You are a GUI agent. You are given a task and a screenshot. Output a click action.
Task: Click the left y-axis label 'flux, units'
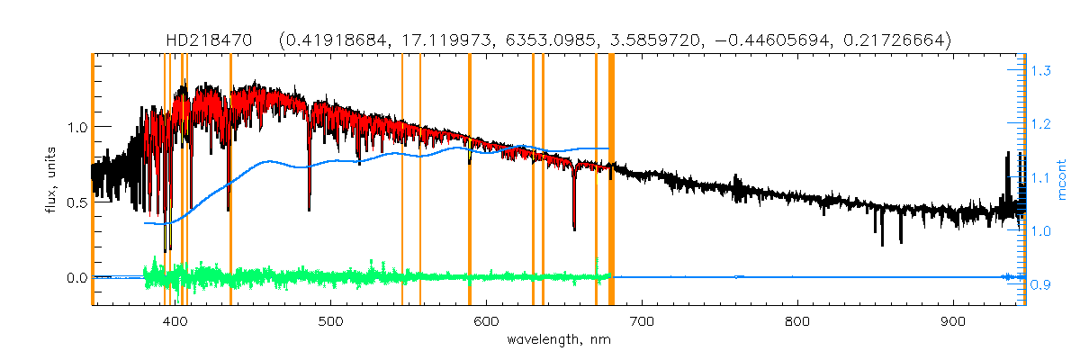click(51, 180)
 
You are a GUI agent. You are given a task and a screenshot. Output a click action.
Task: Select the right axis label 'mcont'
click(1063, 180)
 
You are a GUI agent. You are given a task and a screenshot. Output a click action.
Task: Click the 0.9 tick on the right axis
click(1042, 285)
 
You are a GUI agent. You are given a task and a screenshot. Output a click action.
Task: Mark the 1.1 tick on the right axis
click(1042, 177)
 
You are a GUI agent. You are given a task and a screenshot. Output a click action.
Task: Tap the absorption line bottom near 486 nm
click(310, 209)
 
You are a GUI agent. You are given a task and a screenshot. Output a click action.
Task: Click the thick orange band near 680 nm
click(611, 180)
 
